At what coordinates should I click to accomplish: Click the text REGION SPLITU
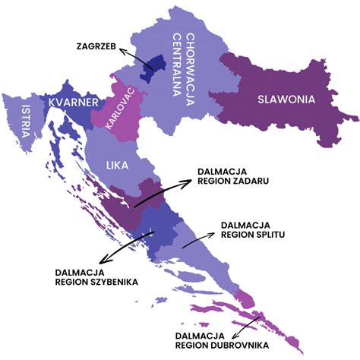[252, 235]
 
